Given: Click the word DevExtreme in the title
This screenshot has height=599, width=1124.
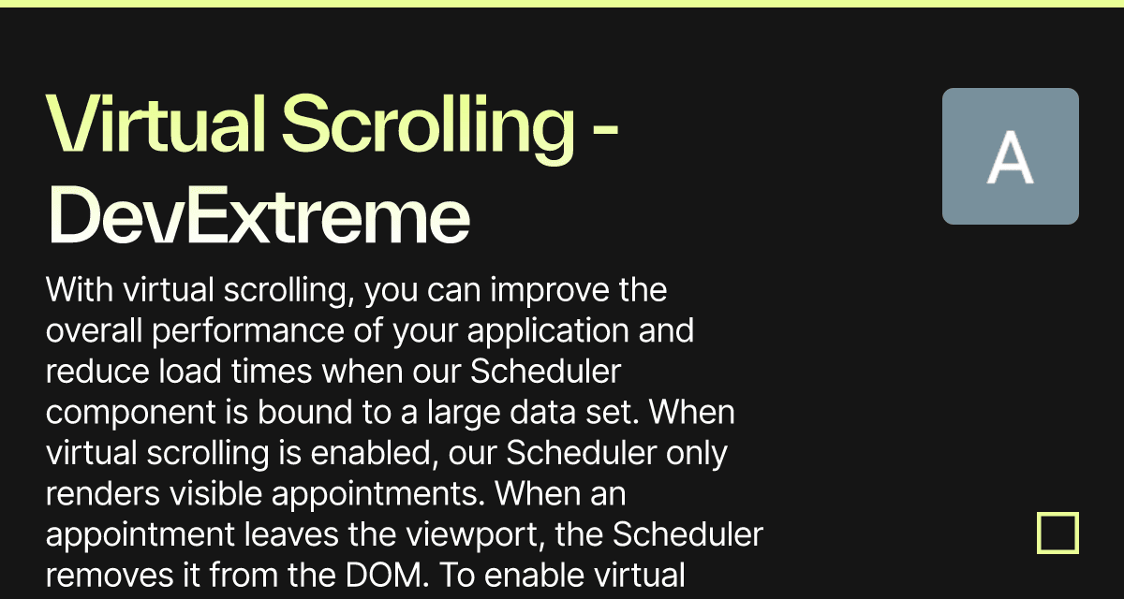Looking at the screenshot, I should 258,216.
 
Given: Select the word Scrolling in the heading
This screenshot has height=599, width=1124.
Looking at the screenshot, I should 428,125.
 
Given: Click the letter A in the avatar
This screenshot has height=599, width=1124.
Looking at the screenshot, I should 1010,157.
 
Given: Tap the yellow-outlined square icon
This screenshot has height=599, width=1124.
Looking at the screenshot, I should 1057,533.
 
